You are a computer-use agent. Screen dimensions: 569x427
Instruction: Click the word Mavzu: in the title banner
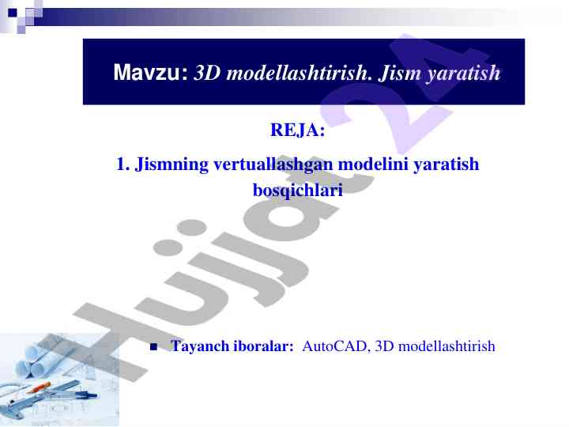click(x=151, y=72)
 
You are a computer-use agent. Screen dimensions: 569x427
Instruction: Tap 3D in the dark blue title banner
click(x=207, y=72)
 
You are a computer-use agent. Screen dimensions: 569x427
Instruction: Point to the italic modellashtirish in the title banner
click(x=299, y=72)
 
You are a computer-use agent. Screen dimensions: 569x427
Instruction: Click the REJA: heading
click(x=298, y=130)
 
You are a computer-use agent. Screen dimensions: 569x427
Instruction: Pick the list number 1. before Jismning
click(x=122, y=164)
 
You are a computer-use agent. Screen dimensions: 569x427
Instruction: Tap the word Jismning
click(x=171, y=165)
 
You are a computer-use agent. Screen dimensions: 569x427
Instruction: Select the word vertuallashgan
click(x=273, y=165)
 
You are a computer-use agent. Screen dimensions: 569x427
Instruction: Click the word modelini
click(x=372, y=164)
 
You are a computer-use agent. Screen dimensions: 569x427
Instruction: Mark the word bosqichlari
click(x=298, y=191)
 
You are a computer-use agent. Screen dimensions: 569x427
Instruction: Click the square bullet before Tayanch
click(x=154, y=347)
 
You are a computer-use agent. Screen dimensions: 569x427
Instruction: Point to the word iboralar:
click(x=263, y=346)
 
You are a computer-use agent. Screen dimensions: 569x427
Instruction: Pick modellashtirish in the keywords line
click(x=447, y=346)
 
